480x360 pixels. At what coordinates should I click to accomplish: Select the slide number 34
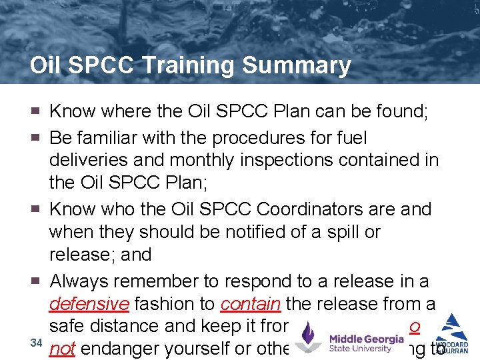pos(37,343)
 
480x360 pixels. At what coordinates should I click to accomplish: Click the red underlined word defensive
pos(89,304)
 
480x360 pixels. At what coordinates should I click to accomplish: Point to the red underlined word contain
pos(250,304)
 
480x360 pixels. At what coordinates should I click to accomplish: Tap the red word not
pos(61,349)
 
